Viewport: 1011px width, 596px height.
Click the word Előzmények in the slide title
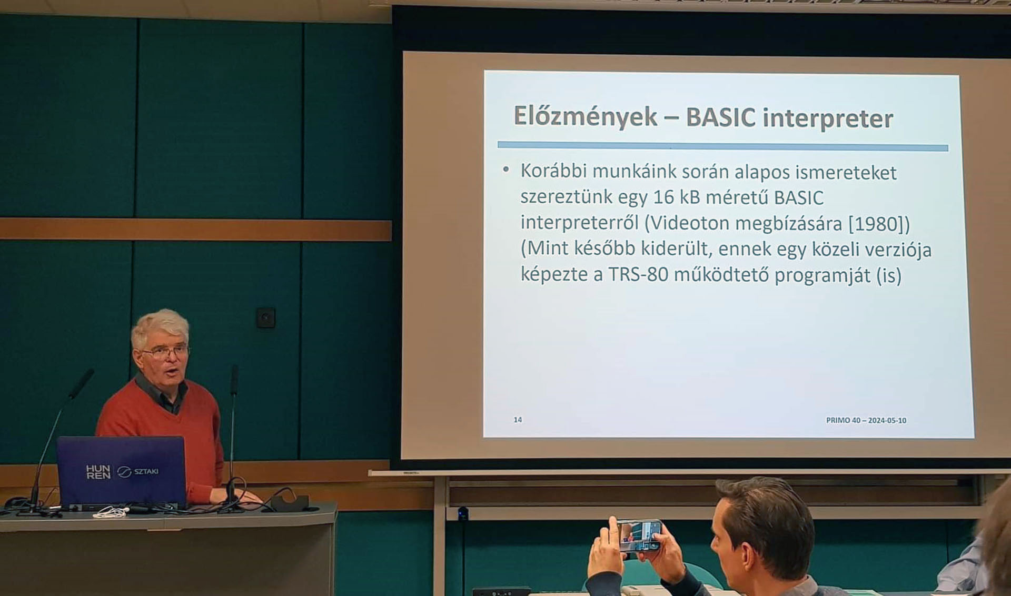click(585, 116)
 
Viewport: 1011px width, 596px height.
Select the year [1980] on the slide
click(879, 223)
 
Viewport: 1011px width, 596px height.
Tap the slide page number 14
click(518, 420)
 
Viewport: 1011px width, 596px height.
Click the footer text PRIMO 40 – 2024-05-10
click(866, 420)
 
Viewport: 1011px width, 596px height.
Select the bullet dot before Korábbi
click(506, 170)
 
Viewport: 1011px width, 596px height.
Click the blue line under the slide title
click(722, 146)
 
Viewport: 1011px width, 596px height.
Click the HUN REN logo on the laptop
click(98, 471)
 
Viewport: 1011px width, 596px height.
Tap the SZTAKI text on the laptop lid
click(146, 471)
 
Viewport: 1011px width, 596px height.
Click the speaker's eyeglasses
click(164, 351)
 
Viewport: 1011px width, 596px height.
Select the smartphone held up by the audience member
click(639, 535)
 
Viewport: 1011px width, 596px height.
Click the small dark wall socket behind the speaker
click(266, 317)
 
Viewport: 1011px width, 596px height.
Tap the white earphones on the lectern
click(111, 512)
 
